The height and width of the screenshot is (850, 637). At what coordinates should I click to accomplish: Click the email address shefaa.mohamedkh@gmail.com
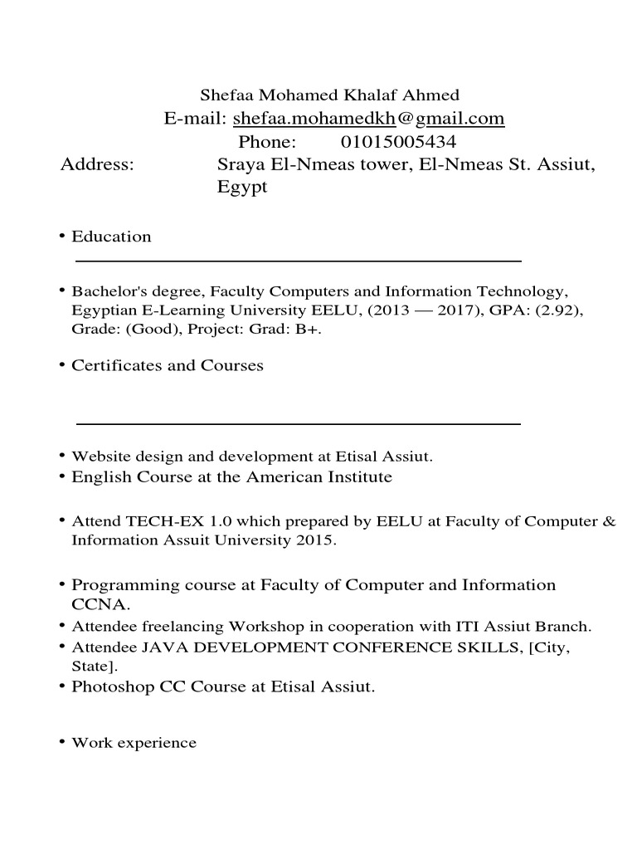click(x=368, y=119)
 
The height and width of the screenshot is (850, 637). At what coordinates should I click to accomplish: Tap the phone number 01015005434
click(x=398, y=142)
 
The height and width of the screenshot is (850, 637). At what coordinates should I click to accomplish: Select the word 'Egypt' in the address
click(x=242, y=188)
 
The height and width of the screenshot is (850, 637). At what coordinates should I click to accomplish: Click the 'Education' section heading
click(x=111, y=237)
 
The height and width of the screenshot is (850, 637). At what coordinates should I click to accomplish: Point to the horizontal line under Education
click(x=299, y=261)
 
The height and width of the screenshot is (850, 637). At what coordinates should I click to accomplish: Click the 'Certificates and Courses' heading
click(x=168, y=365)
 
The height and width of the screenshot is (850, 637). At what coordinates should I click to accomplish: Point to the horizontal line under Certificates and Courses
click(x=299, y=423)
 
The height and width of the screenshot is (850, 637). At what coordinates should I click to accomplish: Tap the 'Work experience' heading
click(x=134, y=743)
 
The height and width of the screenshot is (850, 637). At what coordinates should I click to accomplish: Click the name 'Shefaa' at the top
click(x=226, y=95)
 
